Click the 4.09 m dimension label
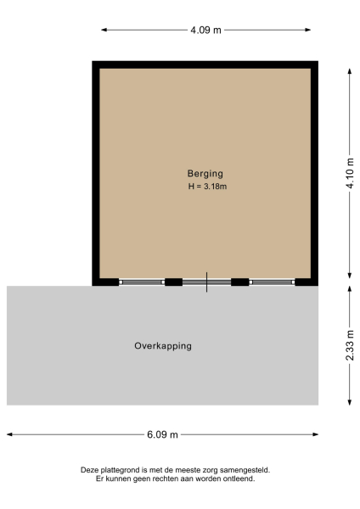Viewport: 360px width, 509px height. pyautogui.click(x=205, y=30)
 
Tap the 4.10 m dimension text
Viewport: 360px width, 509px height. pyautogui.click(x=349, y=173)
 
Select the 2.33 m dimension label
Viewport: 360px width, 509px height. pyautogui.click(x=349, y=345)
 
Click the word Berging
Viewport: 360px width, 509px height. pyautogui.click(x=205, y=173)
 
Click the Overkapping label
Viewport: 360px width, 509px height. pyautogui.click(x=163, y=346)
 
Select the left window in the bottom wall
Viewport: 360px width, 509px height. pyautogui.click(x=142, y=282)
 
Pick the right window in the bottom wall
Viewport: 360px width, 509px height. pyautogui.click(x=272, y=282)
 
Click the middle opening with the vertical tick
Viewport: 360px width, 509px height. pyautogui.click(x=206, y=282)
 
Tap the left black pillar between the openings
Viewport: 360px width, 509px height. pyautogui.click(x=173, y=282)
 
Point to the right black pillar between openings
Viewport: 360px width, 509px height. pyautogui.click(x=240, y=282)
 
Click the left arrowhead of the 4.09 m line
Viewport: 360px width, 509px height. pyautogui.click(x=104, y=30)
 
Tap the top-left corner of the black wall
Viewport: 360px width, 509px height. pyautogui.click(x=96, y=64)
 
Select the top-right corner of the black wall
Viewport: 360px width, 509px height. pyautogui.click(x=314, y=64)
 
